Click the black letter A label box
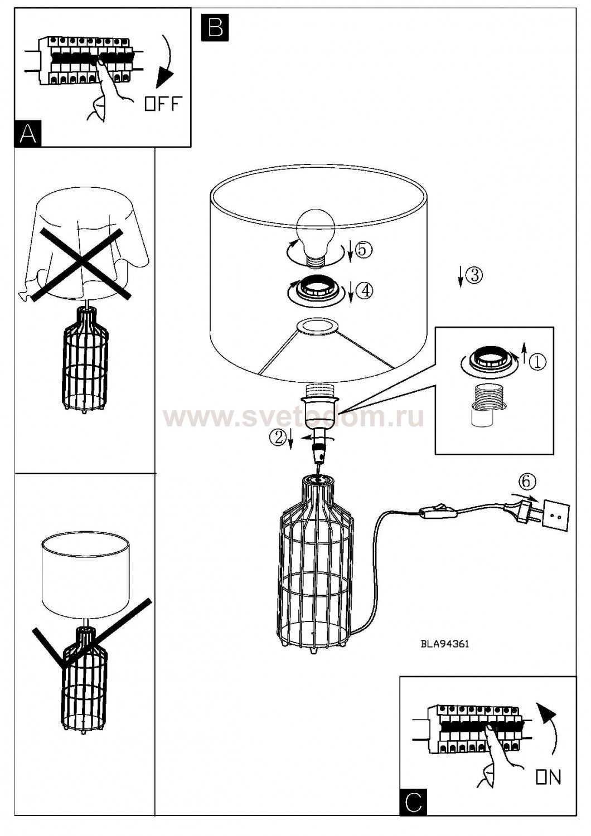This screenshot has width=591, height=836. click(28, 133)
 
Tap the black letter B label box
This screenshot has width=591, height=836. click(215, 27)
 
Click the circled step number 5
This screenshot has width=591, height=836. click(364, 249)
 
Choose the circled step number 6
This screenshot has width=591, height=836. click(526, 482)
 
